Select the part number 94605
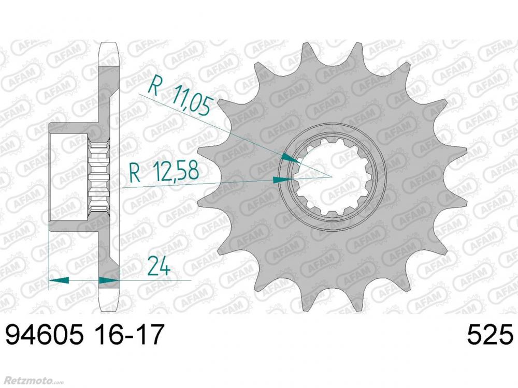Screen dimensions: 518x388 click(44, 335)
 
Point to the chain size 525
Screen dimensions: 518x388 click(490, 335)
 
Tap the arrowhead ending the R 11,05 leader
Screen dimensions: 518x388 click(291, 158)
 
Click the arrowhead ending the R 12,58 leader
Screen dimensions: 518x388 click(283, 180)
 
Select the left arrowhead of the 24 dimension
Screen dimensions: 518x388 click(59, 280)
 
